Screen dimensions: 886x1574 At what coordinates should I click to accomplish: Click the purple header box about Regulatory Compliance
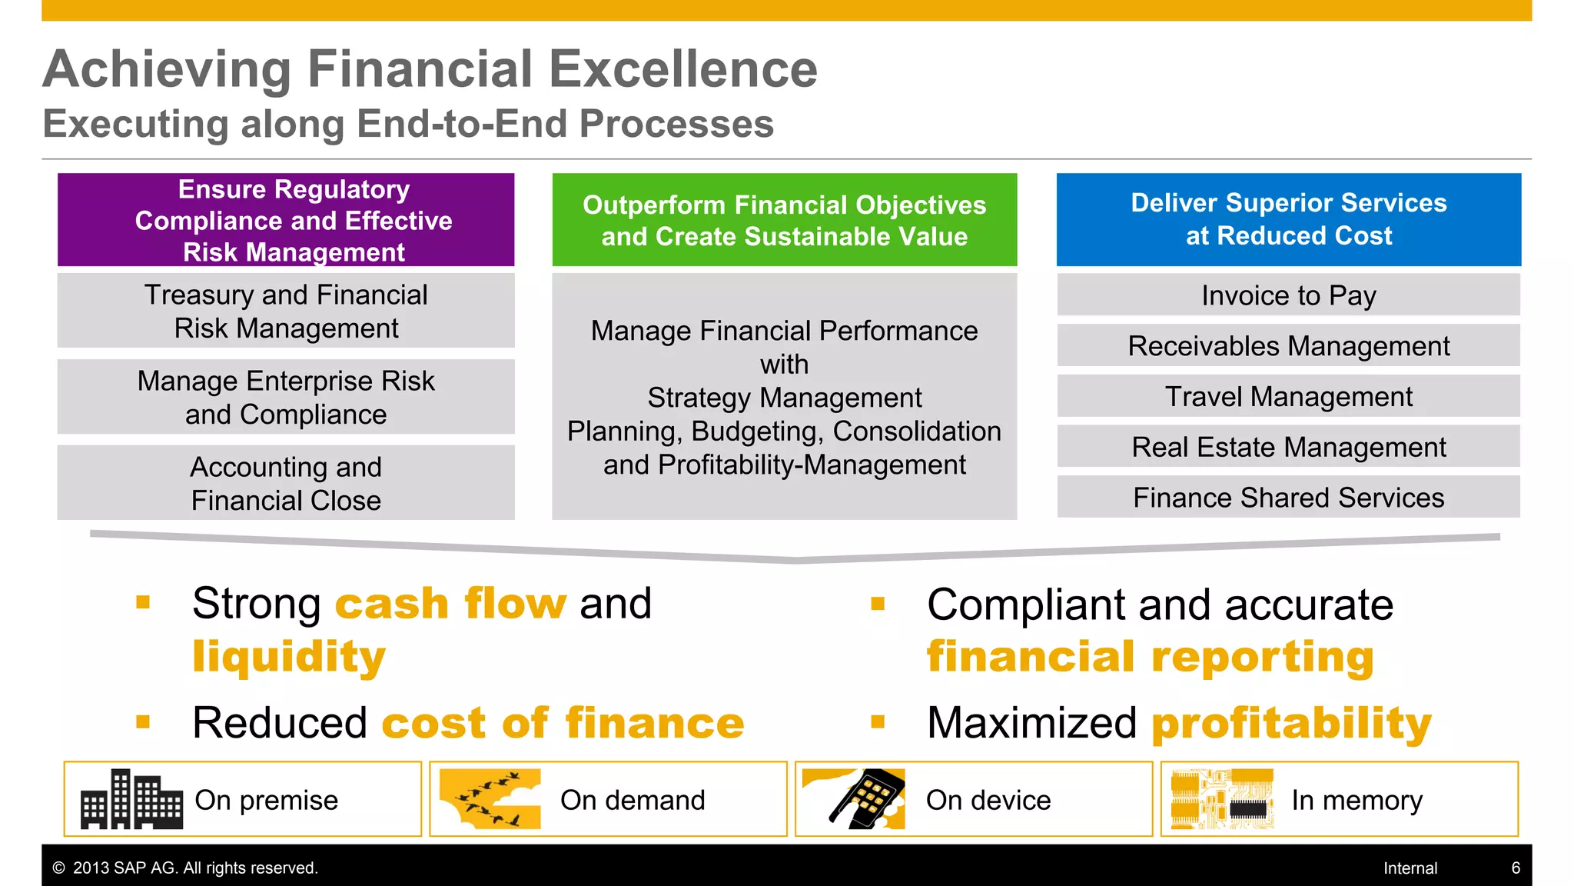click(286, 220)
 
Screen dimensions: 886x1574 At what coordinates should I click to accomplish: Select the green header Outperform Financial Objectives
click(784, 220)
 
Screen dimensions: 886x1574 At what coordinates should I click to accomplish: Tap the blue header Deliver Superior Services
click(1288, 219)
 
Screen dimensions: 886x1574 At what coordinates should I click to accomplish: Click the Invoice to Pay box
click(1288, 295)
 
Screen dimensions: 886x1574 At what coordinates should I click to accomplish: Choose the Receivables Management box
click(1288, 346)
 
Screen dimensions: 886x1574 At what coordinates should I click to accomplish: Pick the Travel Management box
click(1288, 397)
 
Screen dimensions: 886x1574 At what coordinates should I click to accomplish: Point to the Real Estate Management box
click(1288, 447)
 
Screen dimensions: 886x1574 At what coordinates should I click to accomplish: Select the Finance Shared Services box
click(1288, 498)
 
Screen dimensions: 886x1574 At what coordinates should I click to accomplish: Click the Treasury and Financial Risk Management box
click(286, 311)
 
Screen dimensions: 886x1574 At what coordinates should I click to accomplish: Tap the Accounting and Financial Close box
click(286, 483)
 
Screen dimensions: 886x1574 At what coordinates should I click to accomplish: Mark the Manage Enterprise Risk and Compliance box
click(286, 398)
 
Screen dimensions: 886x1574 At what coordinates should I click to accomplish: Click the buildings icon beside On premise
click(131, 799)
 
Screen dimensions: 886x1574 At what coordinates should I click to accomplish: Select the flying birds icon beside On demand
click(490, 799)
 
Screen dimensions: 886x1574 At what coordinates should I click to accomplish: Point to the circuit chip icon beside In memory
click(1222, 799)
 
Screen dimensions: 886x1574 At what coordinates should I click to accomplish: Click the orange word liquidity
click(289, 658)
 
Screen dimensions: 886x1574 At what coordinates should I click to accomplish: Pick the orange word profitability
click(1291, 724)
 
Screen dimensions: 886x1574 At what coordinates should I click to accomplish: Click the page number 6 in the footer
click(1516, 868)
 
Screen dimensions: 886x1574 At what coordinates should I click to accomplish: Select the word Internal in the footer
click(1410, 868)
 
